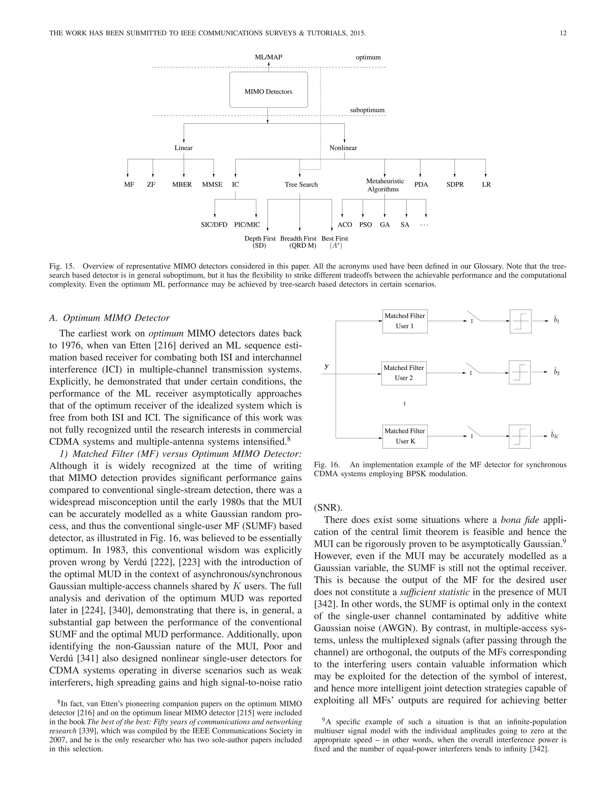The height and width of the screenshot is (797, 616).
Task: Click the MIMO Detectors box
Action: [268, 90]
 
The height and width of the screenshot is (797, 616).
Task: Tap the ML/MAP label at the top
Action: [268, 57]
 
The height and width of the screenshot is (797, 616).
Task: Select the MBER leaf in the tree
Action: [182, 185]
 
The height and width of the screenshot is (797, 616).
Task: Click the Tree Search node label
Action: [301, 185]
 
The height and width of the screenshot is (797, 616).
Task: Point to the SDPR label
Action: [455, 185]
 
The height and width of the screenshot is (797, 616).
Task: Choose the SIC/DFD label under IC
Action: [214, 225]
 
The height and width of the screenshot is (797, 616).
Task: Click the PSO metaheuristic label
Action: [365, 225]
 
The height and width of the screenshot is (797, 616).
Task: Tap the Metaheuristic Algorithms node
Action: [384, 185]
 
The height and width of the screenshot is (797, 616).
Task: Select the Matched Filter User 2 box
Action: [404, 373]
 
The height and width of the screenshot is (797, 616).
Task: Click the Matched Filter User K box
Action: [405, 436]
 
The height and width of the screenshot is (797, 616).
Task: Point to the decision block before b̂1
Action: [520, 322]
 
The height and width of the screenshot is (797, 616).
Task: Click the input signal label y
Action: [327, 366]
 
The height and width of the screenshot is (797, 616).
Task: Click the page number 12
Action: [563, 33]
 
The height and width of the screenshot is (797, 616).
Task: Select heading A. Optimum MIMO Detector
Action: [109, 318]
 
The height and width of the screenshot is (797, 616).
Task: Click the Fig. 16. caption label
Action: [327, 465]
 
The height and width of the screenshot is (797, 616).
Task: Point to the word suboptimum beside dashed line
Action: [367, 110]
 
